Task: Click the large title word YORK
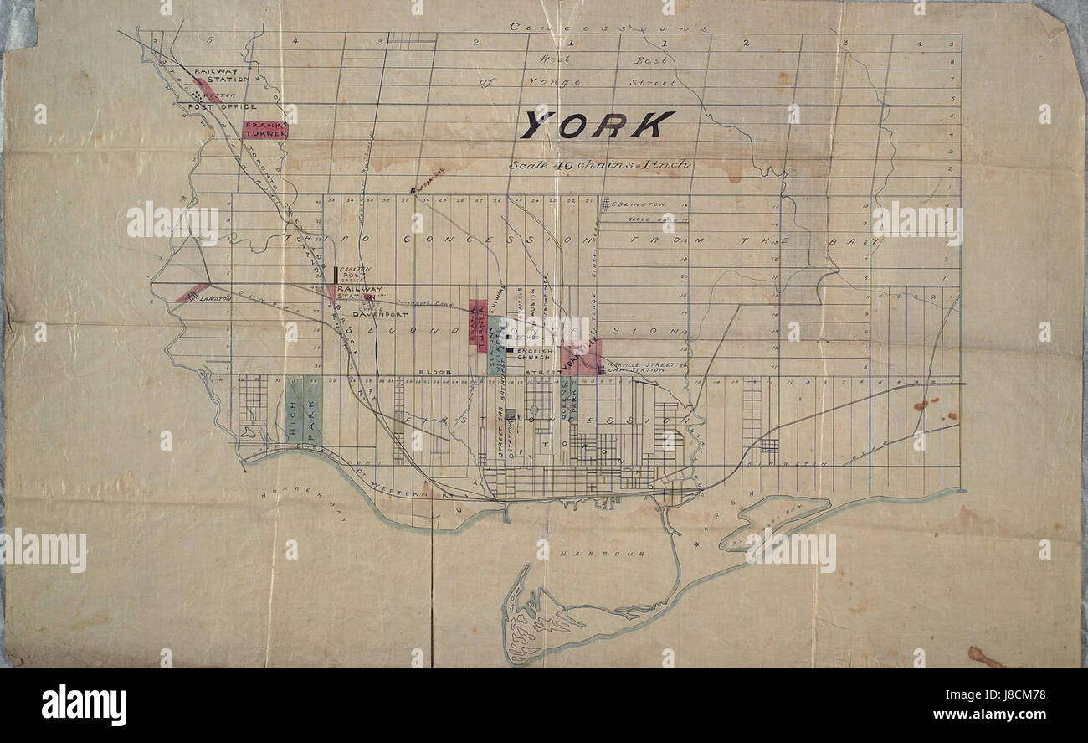(x=597, y=125)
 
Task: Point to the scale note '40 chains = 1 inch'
(x=600, y=165)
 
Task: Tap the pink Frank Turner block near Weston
(x=265, y=130)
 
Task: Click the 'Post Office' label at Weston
(x=221, y=107)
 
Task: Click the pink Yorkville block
(x=583, y=359)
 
